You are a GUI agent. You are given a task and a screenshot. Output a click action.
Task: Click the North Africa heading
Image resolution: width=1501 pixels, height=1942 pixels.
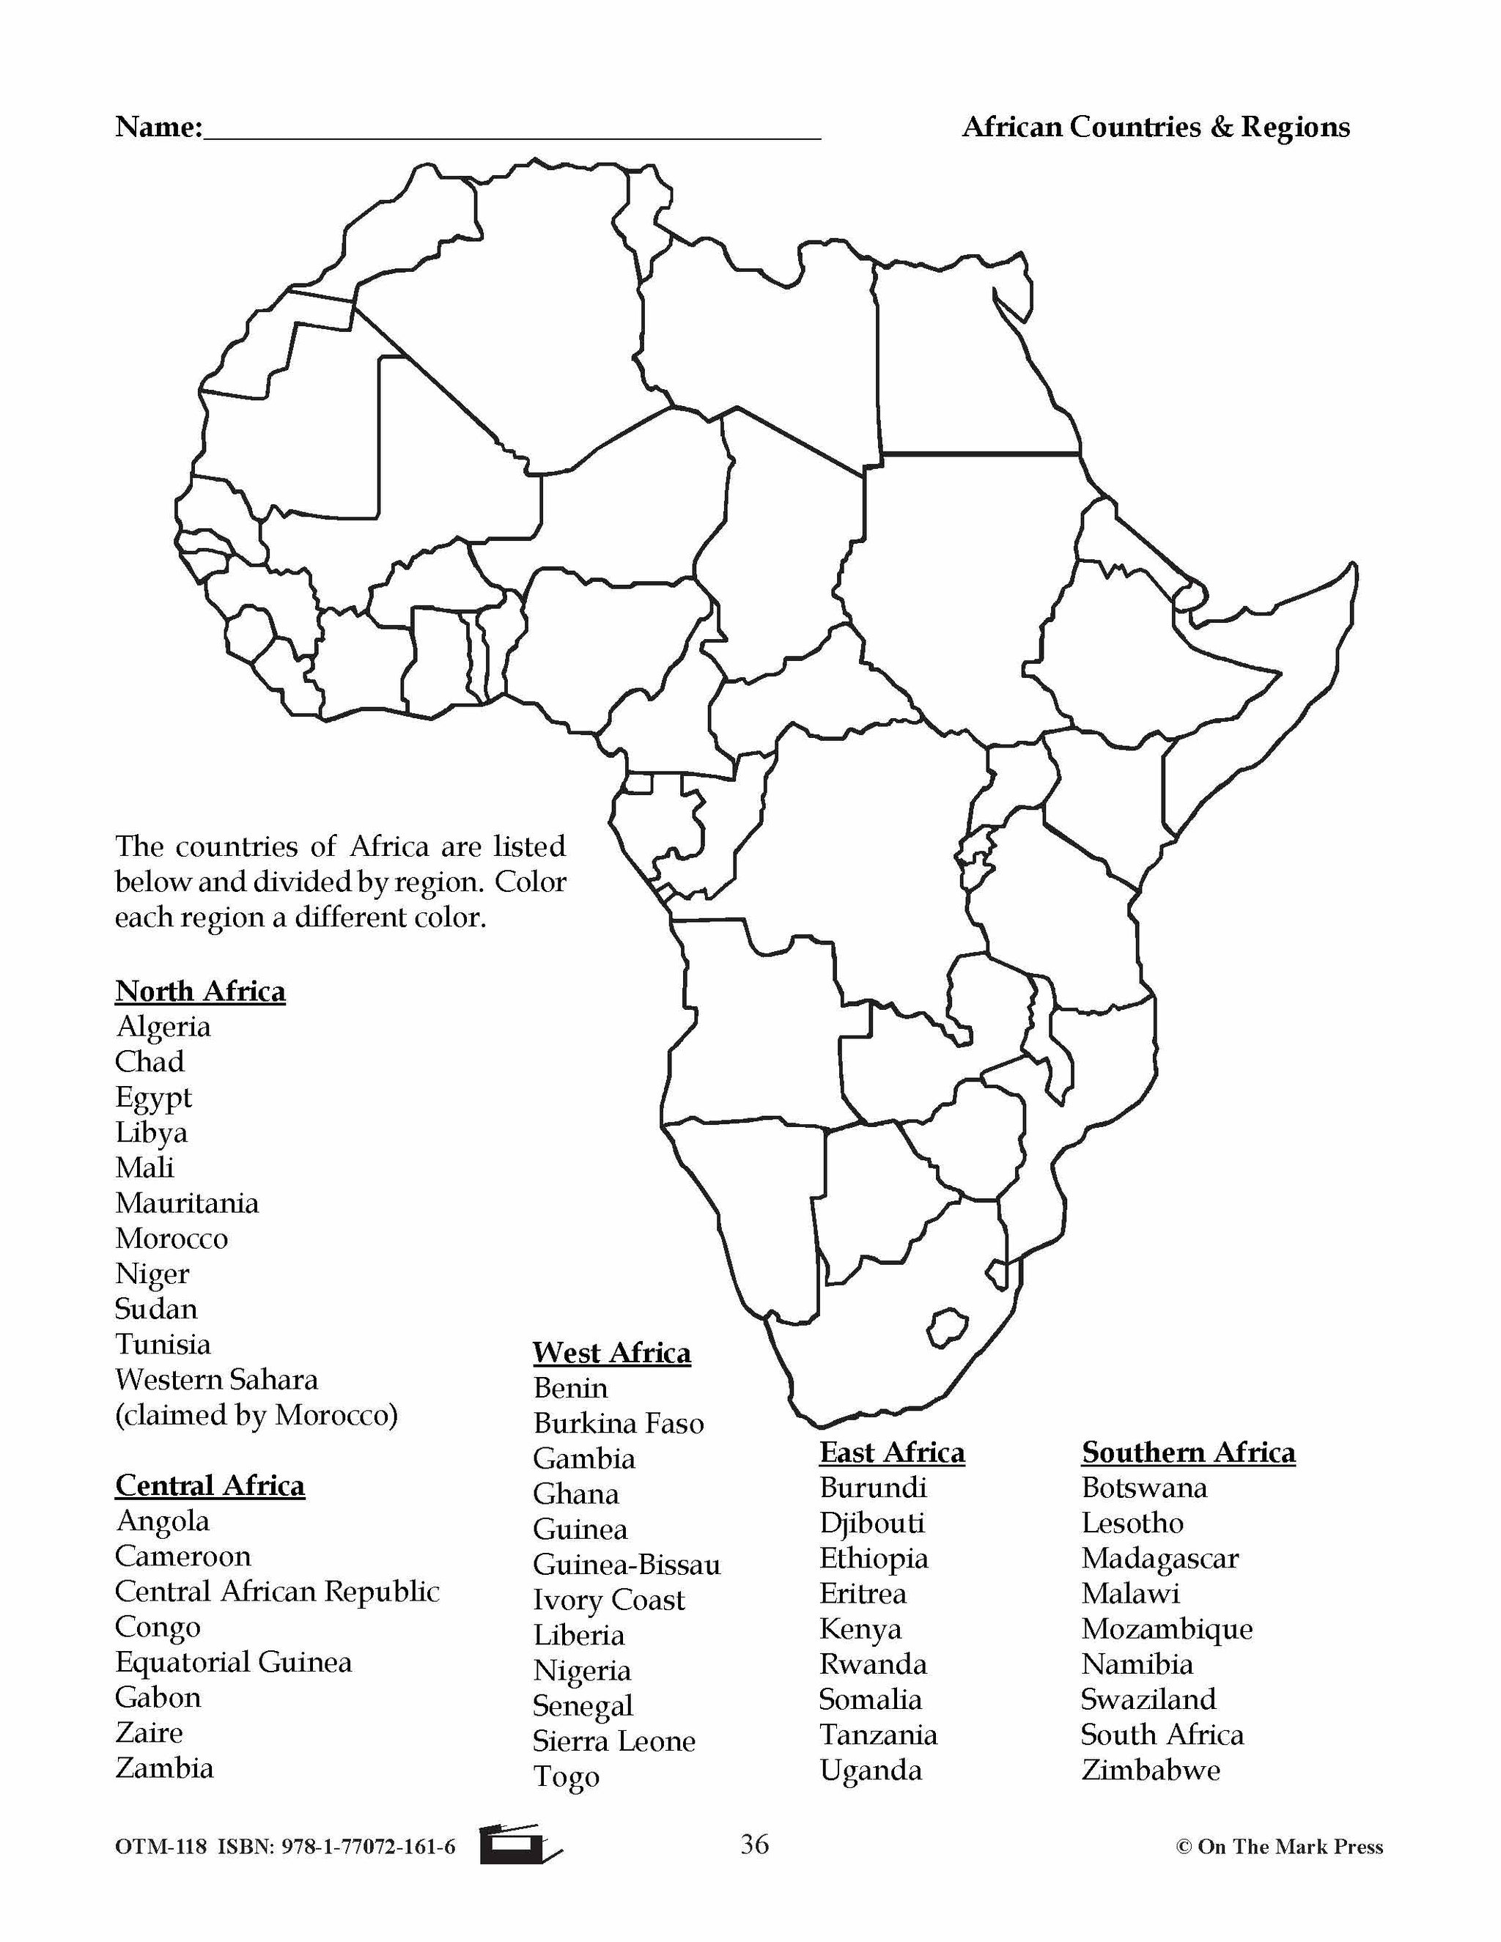coord(200,991)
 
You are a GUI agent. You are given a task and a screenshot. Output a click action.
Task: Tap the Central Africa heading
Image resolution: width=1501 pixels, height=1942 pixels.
coord(210,1486)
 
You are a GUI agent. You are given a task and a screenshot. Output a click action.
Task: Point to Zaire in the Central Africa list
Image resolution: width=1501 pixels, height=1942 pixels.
coord(149,1733)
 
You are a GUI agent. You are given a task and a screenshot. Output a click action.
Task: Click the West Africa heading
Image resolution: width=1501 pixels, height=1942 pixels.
coord(612,1353)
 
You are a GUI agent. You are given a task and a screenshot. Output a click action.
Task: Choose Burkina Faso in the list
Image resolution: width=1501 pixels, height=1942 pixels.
coord(618,1424)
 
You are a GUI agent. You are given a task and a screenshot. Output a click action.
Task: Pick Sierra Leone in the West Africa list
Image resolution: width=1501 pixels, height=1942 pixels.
coord(613,1741)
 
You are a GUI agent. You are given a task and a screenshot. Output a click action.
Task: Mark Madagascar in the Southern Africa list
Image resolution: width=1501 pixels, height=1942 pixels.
coord(1159,1558)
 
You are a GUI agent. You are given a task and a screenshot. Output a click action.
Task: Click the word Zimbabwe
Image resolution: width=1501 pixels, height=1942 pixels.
coord(1151,1770)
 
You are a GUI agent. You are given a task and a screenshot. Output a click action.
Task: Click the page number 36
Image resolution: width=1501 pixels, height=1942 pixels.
coord(754,1845)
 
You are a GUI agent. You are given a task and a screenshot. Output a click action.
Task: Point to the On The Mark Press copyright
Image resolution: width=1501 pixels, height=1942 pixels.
coord(1280,1847)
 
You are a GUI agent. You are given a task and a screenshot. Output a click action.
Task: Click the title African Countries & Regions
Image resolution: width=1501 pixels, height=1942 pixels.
coord(1155,128)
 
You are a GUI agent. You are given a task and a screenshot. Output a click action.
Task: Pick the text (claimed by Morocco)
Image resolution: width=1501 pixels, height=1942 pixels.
coord(256,1414)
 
